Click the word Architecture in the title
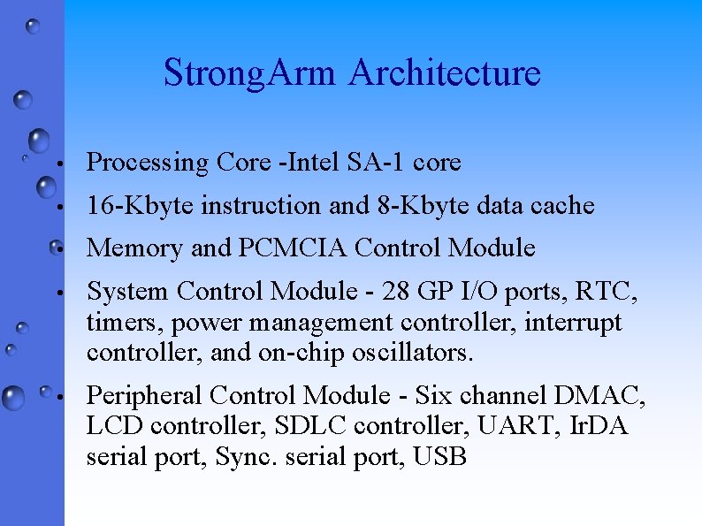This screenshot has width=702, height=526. coord(445,72)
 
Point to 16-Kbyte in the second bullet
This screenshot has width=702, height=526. coord(141,206)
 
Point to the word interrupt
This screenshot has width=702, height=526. coord(574,323)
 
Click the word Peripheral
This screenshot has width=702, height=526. coord(145,395)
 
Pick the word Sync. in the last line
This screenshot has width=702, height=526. coord(243,457)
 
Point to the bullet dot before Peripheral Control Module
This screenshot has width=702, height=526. coord(57,397)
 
